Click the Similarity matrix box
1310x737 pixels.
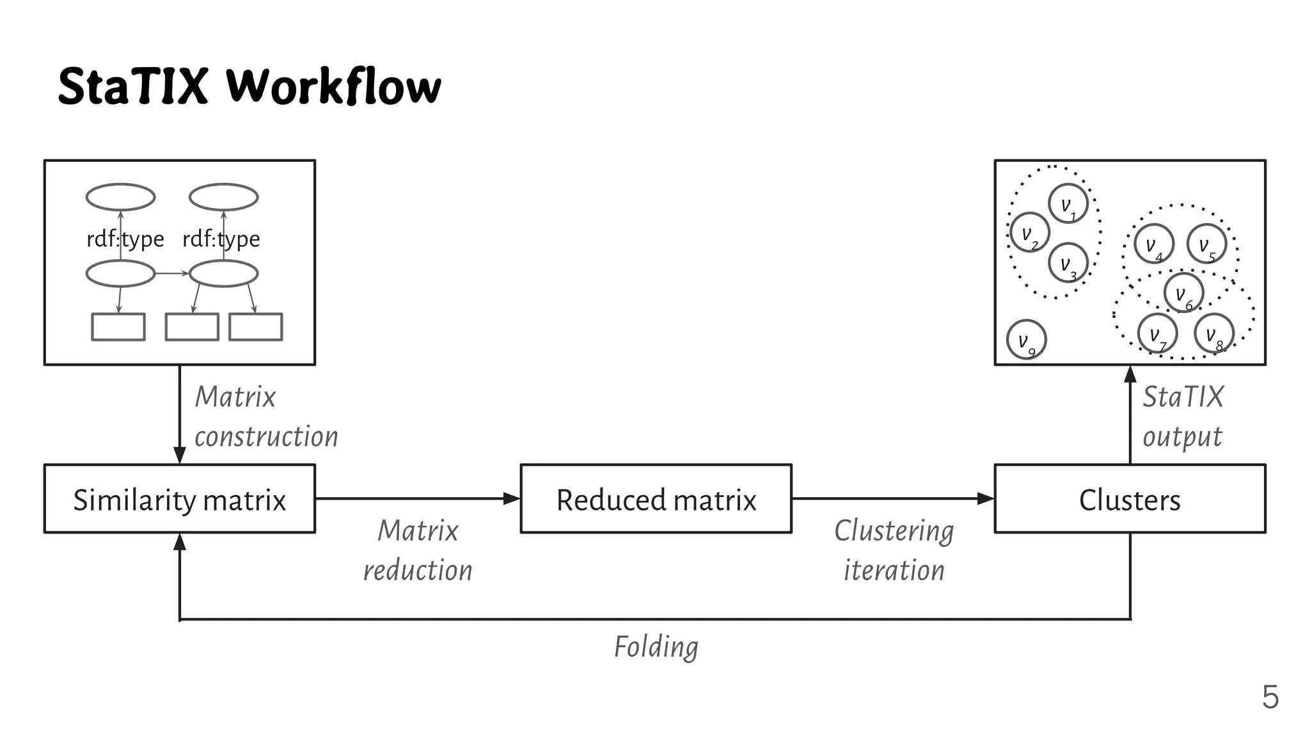point(179,499)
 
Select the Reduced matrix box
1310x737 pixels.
point(656,499)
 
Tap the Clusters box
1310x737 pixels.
point(1130,499)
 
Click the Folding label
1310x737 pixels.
point(656,647)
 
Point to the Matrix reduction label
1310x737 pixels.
point(418,550)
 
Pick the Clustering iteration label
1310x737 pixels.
point(894,550)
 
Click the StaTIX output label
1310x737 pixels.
point(1183,416)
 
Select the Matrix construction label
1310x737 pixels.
point(265,416)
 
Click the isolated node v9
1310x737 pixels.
point(1026,340)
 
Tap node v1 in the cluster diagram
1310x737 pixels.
point(1068,204)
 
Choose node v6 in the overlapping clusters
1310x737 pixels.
point(1183,293)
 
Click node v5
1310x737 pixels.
point(1206,244)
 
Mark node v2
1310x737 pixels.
point(1029,232)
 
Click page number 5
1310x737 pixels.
point(1270,697)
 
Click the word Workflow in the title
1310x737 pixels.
point(333,86)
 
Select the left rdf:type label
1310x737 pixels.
point(125,239)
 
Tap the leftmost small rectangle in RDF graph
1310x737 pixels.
point(118,326)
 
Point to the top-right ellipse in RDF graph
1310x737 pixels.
point(223,197)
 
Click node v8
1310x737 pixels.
point(1213,333)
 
